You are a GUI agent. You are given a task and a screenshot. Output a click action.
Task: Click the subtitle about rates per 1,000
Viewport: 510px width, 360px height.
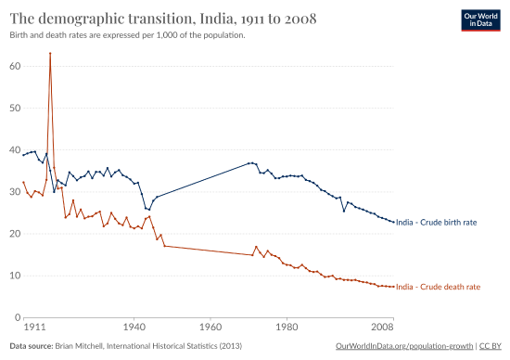tap(127, 34)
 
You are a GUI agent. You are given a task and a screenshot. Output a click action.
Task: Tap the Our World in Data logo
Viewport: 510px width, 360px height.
tap(479, 21)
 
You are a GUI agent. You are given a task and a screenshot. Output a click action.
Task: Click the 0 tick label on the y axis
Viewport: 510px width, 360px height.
tap(17, 317)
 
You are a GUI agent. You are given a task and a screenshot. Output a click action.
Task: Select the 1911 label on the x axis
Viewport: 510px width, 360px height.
tap(34, 328)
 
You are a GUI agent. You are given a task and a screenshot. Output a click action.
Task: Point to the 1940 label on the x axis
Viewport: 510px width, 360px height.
tap(134, 328)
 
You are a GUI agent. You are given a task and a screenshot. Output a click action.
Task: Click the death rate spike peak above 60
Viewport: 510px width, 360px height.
tap(49, 54)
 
